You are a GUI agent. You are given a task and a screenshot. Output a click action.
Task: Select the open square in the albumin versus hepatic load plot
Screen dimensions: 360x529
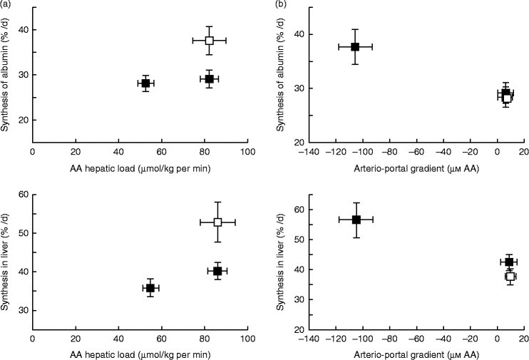[209, 41]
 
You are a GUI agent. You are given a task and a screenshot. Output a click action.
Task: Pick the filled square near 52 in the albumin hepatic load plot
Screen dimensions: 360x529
[145, 83]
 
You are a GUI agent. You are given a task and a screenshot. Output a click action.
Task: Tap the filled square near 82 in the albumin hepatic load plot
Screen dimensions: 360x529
[209, 79]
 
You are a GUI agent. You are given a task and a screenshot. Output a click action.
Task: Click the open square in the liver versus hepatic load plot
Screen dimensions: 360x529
[217, 222]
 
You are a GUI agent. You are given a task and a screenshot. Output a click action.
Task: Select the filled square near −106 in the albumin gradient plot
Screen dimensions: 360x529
[354, 47]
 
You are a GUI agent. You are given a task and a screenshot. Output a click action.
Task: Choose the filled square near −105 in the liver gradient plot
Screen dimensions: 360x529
[356, 220]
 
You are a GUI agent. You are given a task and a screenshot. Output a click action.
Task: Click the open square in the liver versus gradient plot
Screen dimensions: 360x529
[510, 277]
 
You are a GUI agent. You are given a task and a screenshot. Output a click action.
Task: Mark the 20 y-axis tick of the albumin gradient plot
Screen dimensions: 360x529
[299, 143]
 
